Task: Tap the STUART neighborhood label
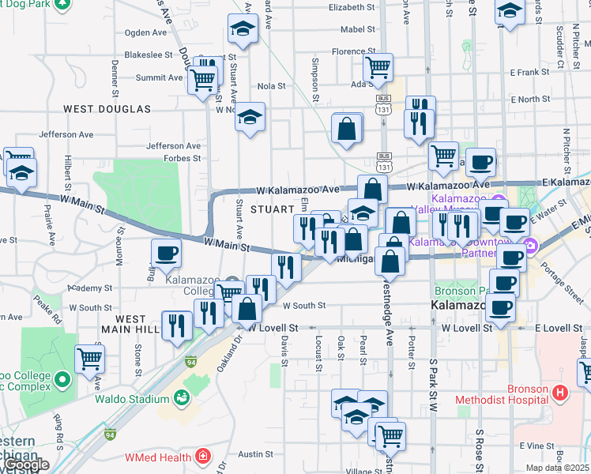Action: (273, 209)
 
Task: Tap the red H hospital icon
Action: (560, 392)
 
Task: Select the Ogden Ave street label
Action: (146, 33)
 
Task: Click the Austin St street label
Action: (255, 454)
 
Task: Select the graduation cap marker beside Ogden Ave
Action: (243, 30)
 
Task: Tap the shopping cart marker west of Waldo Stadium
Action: (90, 359)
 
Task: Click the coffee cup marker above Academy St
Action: (166, 253)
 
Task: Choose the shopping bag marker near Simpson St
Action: (346, 128)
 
